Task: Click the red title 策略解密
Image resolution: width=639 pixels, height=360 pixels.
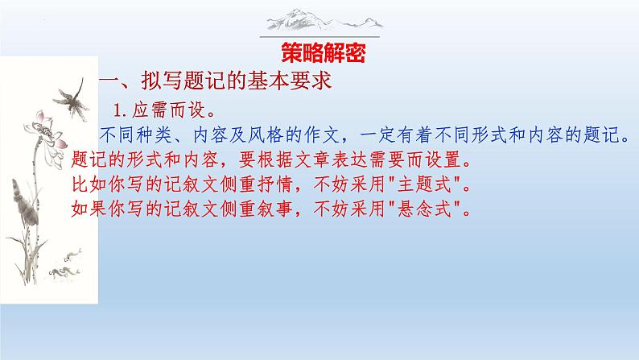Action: (x=319, y=53)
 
